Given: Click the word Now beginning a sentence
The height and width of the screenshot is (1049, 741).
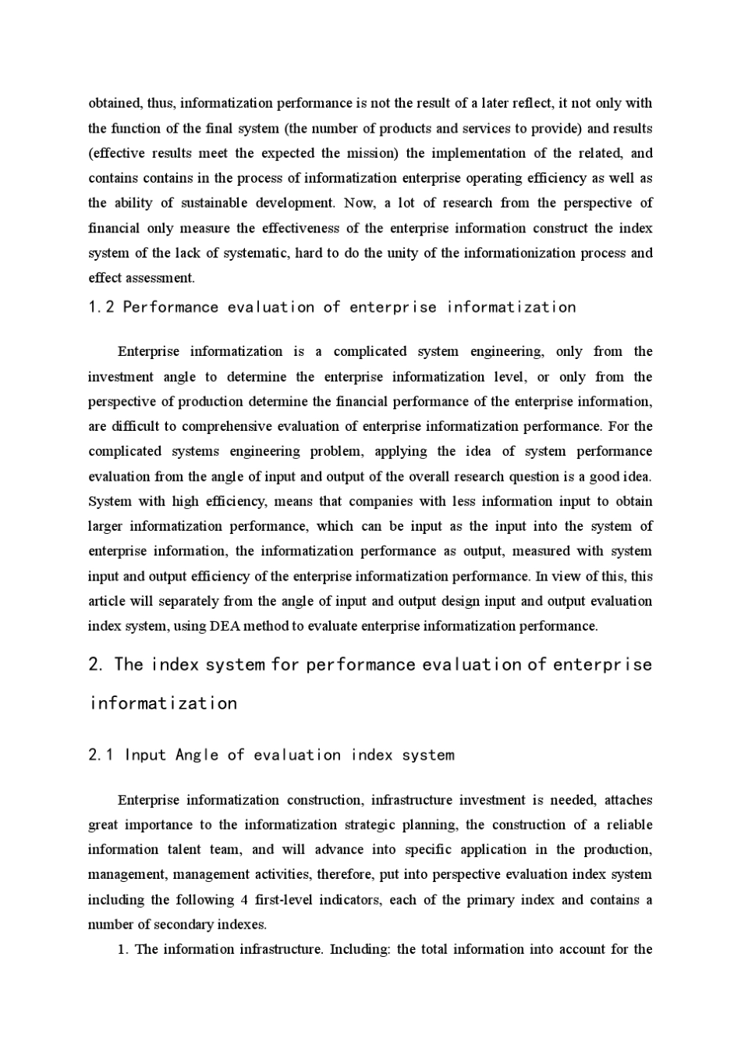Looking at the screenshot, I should click(359, 203).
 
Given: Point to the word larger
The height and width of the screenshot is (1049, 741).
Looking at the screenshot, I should click(105, 526).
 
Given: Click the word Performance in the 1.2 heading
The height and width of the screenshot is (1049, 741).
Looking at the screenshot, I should click(171, 308).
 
